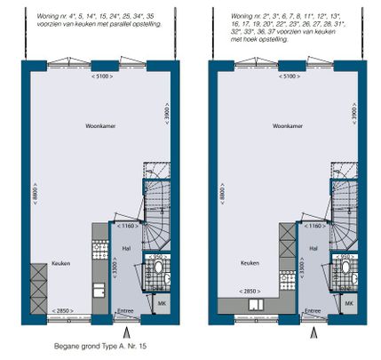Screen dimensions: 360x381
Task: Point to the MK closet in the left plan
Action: point(163,304)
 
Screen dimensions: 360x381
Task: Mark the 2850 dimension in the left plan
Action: point(62,310)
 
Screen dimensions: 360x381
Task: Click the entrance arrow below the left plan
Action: point(129,333)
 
